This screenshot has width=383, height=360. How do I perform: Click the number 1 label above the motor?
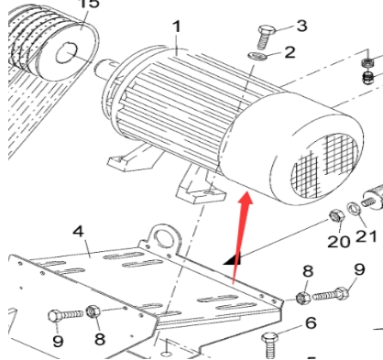(177, 27)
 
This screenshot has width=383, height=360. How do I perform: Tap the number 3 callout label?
(301, 26)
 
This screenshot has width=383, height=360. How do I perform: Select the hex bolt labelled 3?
(267, 38)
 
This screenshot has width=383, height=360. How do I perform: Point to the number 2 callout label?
(290, 52)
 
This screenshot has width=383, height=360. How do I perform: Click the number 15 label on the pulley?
(89, 4)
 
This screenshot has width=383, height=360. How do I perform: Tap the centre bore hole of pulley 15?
(67, 53)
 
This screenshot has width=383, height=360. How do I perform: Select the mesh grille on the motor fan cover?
(324, 166)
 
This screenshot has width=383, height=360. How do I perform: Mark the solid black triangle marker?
(233, 259)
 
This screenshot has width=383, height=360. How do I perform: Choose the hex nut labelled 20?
(336, 216)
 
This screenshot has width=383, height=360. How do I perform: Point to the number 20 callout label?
(338, 242)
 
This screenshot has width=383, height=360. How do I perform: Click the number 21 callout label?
(366, 236)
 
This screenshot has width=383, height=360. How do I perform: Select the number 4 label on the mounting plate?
(78, 232)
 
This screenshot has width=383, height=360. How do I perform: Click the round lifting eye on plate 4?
(164, 237)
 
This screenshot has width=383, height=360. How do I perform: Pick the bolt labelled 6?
(270, 345)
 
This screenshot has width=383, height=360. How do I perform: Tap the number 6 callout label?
(311, 323)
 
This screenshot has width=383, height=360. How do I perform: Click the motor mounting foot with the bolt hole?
(202, 191)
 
